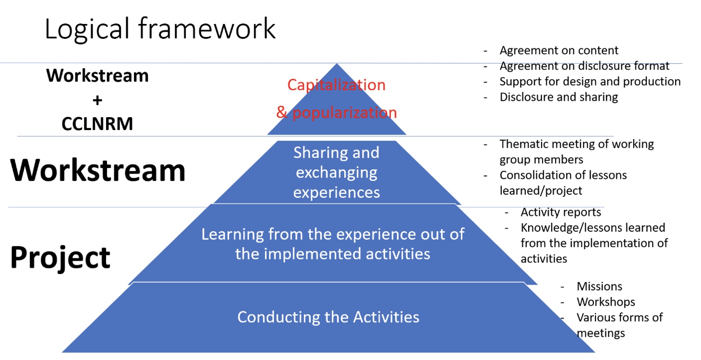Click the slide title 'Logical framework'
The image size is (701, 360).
click(x=160, y=29)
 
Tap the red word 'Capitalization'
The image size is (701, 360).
click(x=337, y=85)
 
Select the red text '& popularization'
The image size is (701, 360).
click(x=337, y=112)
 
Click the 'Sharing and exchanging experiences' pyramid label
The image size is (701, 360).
click(x=337, y=172)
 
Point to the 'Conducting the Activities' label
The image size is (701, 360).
click(x=328, y=317)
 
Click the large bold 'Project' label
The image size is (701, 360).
click(x=60, y=258)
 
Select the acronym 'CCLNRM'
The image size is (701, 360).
click(x=97, y=123)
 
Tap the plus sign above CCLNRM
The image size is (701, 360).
click(x=97, y=100)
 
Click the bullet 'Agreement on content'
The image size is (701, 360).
click(x=559, y=50)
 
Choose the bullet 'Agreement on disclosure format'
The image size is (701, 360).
click(x=584, y=66)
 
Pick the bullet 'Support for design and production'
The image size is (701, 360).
click(x=590, y=82)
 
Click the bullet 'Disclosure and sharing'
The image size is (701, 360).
click(x=559, y=97)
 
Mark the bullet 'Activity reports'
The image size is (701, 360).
click(x=561, y=212)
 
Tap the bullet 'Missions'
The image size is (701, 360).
click(x=599, y=287)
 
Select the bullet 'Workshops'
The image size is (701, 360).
click(x=606, y=302)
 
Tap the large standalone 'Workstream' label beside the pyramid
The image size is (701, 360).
click(x=97, y=170)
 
